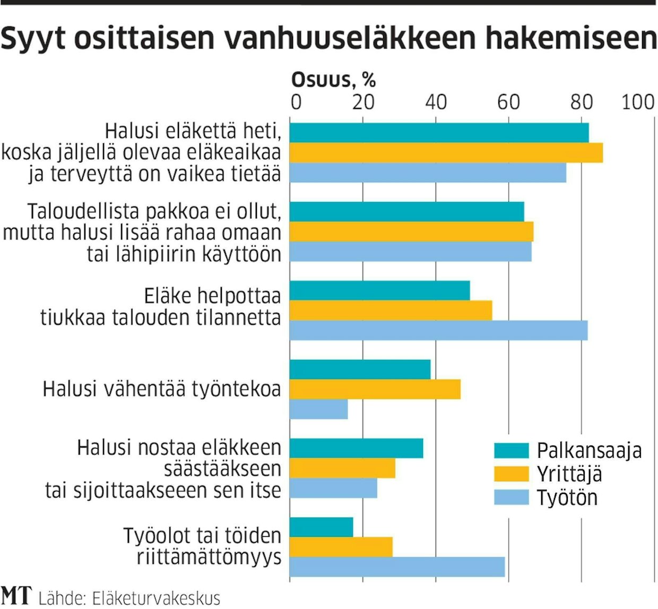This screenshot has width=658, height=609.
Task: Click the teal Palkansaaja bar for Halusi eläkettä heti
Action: [439, 133]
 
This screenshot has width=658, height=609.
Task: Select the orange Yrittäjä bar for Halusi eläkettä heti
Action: [446, 153]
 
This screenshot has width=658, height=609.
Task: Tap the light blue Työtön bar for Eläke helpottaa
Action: [439, 330]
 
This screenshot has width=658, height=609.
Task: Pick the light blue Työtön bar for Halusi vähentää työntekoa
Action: [319, 409]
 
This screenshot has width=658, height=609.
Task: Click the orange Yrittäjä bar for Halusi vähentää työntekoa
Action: [375, 389]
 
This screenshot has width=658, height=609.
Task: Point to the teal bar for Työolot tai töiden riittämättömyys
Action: [322, 527]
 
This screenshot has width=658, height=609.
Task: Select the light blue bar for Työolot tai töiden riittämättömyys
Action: [397, 567]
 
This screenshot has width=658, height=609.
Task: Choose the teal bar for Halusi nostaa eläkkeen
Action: [357, 448]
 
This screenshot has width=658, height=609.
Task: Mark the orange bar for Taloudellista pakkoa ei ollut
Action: [412, 232]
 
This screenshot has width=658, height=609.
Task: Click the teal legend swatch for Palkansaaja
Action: [512, 450]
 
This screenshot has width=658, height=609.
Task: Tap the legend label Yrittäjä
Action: [569, 474]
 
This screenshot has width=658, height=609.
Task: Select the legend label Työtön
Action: [567, 498]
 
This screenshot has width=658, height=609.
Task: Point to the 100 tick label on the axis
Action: [638, 102]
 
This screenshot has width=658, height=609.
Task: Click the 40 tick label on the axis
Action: [436, 102]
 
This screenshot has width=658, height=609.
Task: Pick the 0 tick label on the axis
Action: [296, 102]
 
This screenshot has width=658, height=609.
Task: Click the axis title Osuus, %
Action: [333, 80]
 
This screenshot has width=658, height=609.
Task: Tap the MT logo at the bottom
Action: [16, 596]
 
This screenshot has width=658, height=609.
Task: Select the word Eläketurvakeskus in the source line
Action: [156, 598]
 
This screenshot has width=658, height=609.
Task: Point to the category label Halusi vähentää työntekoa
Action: [161, 389]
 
